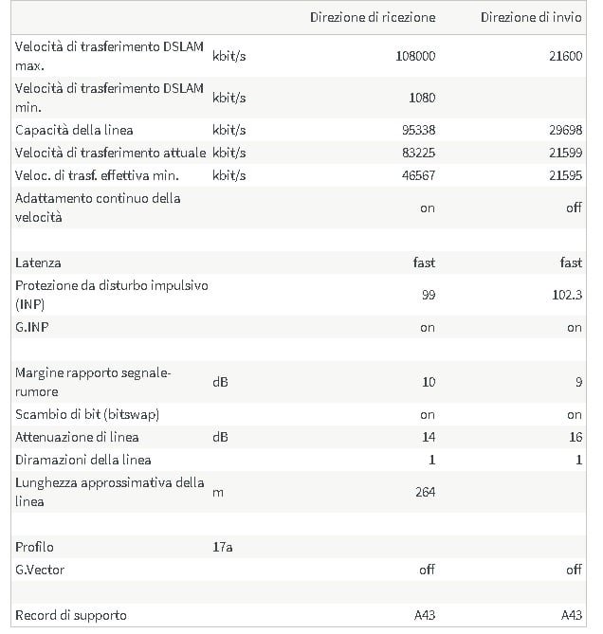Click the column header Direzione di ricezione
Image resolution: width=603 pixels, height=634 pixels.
[x=373, y=17]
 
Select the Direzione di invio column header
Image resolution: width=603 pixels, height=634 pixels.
[x=531, y=17]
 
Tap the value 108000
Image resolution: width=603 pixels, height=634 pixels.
[x=415, y=56]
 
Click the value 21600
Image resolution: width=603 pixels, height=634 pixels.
[x=565, y=56]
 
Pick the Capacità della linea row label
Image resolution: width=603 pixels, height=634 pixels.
[x=74, y=130]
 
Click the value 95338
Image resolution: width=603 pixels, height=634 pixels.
[x=418, y=130]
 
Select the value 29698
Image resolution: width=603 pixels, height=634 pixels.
[x=565, y=130]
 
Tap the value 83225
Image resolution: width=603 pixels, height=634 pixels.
[x=418, y=153]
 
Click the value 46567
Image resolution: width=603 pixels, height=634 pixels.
[x=418, y=175]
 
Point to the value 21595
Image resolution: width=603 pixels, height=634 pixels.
[x=565, y=175]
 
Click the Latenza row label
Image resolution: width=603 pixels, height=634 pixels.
[x=38, y=263]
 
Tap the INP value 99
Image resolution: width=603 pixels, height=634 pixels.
[x=429, y=295]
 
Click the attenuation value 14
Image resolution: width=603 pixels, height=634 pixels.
[x=429, y=437]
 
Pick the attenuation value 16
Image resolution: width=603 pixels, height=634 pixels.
[x=575, y=437]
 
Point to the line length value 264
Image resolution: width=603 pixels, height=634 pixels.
[x=425, y=492]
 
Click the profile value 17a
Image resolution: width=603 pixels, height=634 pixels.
[x=223, y=547]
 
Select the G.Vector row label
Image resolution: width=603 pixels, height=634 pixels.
[x=40, y=570]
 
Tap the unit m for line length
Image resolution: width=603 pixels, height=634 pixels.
[x=218, y=492]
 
